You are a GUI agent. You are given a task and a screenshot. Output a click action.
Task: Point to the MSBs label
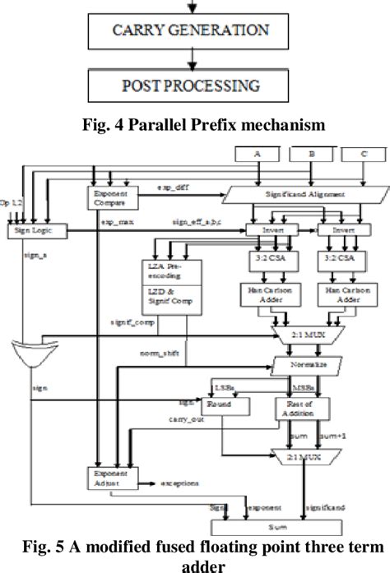tap(301, 385)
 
